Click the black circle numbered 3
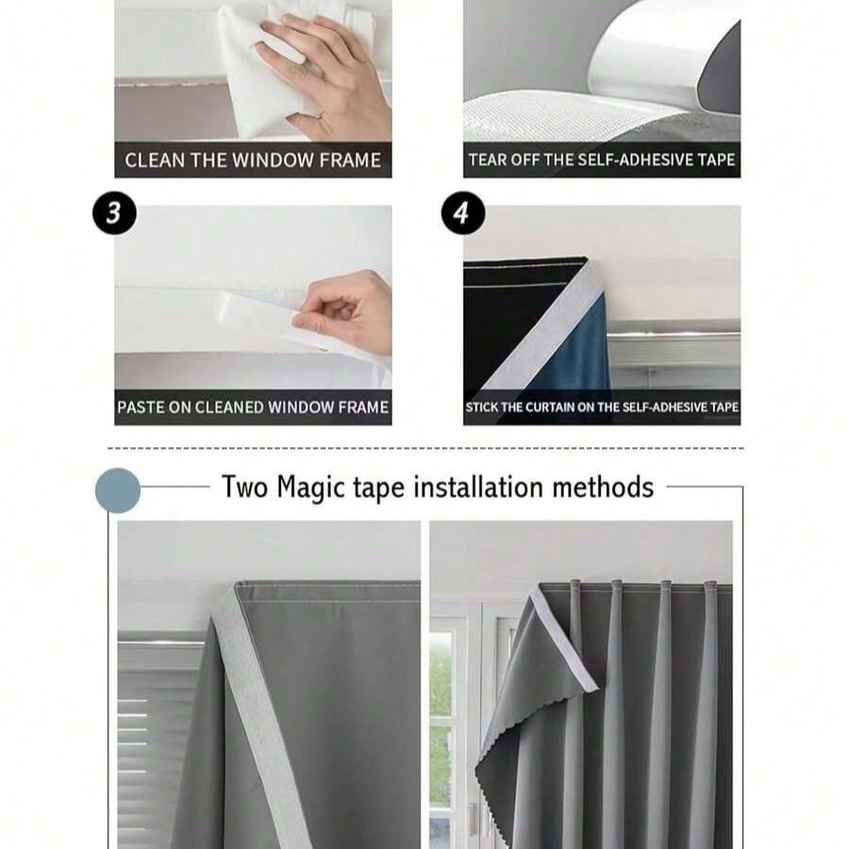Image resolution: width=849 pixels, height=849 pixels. [114, 213]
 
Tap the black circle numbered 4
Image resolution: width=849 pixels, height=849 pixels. [460, 213]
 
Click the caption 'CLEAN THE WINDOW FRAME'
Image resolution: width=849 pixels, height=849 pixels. [253, 159]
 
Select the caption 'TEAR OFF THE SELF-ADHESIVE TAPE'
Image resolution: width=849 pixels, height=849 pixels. [601, 159]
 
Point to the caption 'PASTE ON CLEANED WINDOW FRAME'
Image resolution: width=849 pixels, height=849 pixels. [253, 408]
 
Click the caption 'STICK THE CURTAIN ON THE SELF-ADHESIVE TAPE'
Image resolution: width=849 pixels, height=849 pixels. [601, 408]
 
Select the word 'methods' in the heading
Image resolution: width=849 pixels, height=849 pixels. [603, 487]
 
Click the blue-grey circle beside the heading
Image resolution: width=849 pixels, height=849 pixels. [118, 491]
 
